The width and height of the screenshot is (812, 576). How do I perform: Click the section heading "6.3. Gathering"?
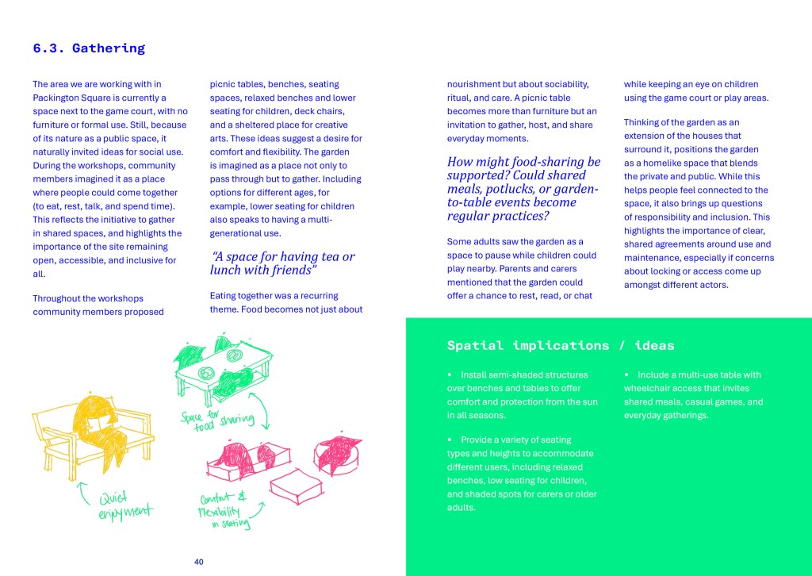89,48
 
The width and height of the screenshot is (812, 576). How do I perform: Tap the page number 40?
199,562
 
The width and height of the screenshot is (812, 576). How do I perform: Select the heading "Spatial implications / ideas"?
561,345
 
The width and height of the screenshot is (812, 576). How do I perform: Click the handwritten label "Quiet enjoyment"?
125,505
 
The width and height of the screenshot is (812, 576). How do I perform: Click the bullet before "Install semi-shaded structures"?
450,374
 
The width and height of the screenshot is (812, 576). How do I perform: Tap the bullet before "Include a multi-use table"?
626,374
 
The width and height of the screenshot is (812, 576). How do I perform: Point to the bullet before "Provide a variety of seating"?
450,439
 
